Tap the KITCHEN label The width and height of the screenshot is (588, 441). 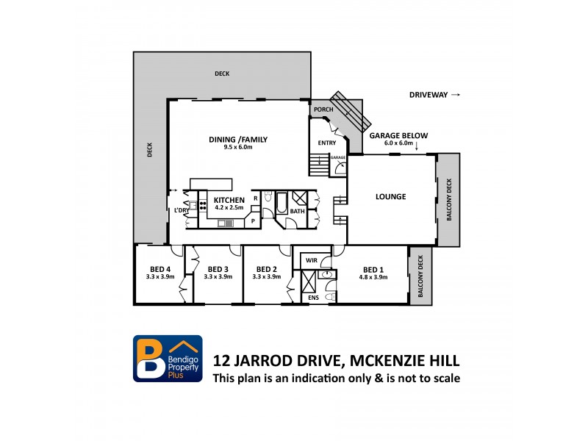229,200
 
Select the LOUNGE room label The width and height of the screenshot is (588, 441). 391,196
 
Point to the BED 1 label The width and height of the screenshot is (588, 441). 373,269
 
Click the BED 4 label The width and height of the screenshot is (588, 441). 160,269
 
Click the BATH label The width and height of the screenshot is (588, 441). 296,212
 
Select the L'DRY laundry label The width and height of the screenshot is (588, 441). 181,212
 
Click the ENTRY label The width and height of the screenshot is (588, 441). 326,143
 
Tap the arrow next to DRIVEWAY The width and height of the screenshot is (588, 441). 456,95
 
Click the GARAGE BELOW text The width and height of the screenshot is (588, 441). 398,136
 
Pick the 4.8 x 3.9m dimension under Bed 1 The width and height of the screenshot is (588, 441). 373,277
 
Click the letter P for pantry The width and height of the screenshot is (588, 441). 254,220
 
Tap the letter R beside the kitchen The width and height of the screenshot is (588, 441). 255,198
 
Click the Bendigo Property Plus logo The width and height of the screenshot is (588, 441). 167,358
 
